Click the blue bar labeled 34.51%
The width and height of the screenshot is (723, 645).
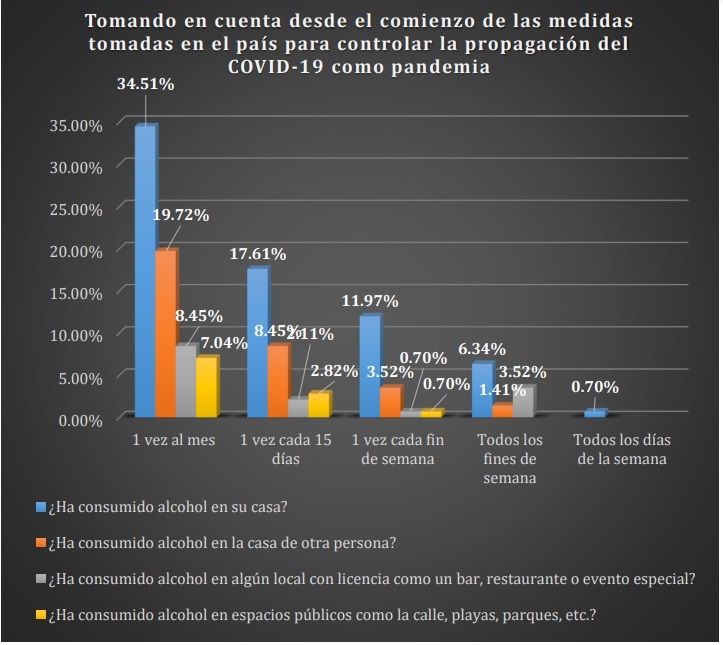click(x=145, y=270)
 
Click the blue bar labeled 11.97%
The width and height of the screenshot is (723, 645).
click(x=369, y=365)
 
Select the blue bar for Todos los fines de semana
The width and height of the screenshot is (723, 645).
click(x=482, y=389)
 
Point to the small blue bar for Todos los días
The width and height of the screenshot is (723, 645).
click(x=594, y=413)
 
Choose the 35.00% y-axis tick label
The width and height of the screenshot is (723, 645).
click(x=76, y=125)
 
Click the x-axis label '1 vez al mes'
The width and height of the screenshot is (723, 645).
click(x=173, y=441)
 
